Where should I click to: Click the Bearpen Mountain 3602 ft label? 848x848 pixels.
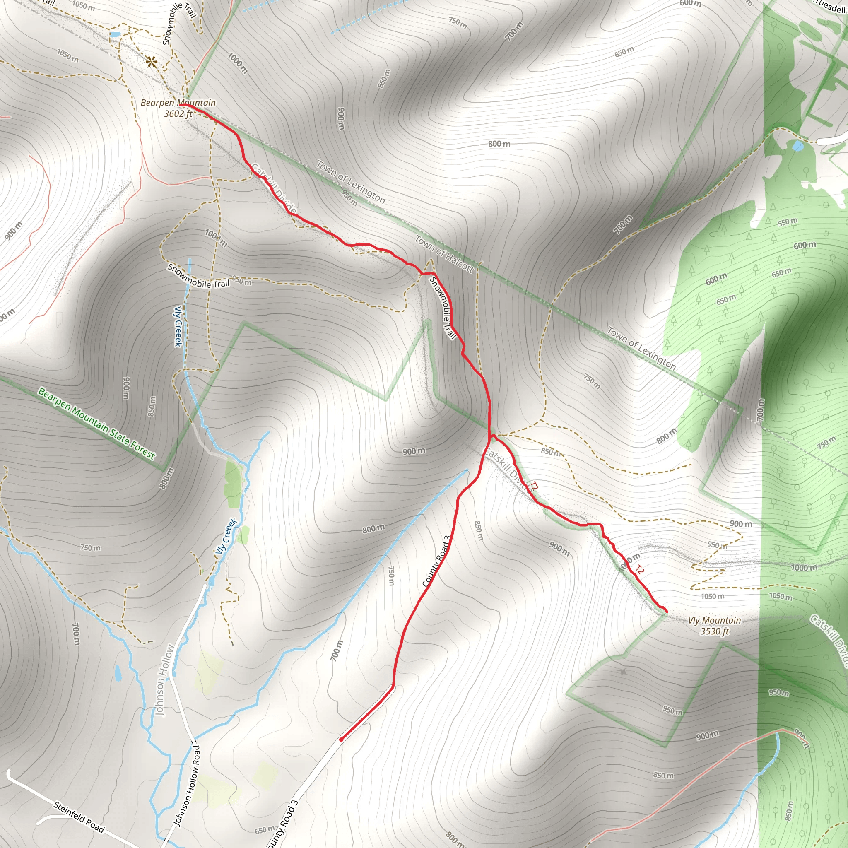tap(178, 108)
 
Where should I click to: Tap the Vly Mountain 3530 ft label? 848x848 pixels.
tap(714, 626)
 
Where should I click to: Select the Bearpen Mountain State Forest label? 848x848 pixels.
tap(96, 423)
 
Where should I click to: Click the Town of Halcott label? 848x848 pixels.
tap(444, 254)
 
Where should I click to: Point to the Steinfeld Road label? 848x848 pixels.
tap(79, 817)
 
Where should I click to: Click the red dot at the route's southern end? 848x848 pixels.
tap(341, 740)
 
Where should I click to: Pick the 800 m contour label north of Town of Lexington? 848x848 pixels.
tap(499, 144)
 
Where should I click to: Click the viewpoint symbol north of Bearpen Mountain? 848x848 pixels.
tap(152, 62)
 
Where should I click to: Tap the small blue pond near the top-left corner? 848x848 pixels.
tap(115, 34)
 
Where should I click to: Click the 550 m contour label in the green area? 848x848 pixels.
tap(788, 222)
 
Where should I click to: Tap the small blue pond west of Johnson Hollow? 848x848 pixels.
tap(118, 673)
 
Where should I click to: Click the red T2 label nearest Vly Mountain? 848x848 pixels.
tap(639, 570)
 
